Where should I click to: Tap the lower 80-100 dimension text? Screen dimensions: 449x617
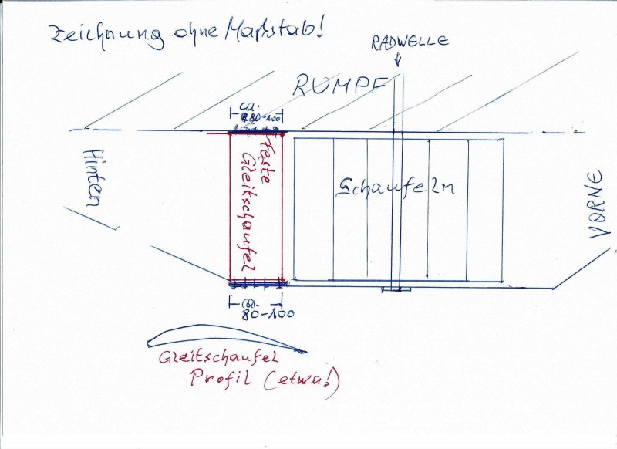click(x=261, y=314)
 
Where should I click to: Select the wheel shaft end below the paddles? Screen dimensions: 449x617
click(x=395, y=289)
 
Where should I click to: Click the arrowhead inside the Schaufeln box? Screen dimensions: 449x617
click(x=427, y=275)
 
